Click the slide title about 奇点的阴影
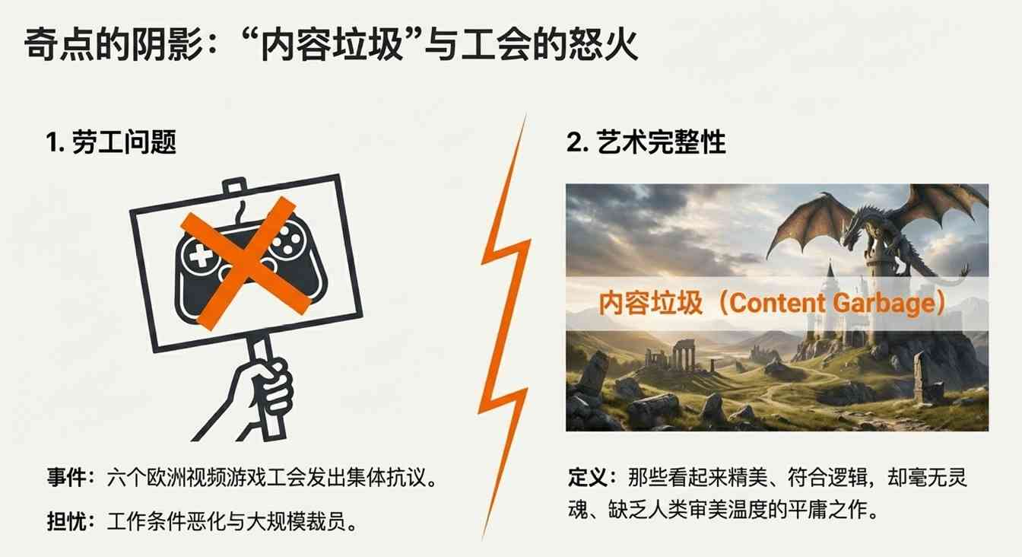pyautogui.click(x=331, y=46)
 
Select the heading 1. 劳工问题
pyautogui.click(x=112, y=142)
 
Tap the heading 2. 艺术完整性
pyautogui.click(x=646, y=142)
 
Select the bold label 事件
pyautogui.click(x=65, y=480)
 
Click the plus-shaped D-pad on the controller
pyautogui.click(x=200, y=257)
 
